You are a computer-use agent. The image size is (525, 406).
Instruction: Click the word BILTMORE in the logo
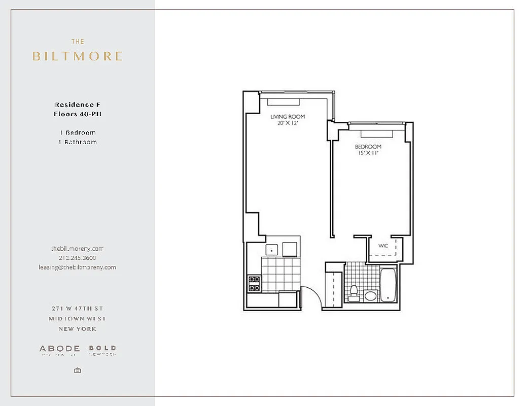tap(77, 56)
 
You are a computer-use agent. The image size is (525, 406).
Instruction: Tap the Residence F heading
tap(78, 105)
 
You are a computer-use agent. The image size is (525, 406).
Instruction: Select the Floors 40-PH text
tap(78, 114)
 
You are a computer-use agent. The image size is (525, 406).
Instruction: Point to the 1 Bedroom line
tap(78, 132)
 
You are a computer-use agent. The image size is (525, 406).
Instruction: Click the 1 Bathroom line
tap(78, 142)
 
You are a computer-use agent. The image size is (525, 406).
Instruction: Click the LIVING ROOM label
tap(287, 117)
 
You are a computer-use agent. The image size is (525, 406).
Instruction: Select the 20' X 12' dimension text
tap(287, 123)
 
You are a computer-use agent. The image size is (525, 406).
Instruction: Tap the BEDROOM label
tap(368, 147)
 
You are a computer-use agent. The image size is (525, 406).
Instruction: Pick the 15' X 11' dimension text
tap(368, 153)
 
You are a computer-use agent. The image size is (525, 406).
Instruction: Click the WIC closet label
tap(383, 246)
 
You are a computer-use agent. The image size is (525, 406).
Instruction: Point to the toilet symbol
tap(354, 292)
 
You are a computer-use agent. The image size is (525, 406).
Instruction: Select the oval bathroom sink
tap(370, 295)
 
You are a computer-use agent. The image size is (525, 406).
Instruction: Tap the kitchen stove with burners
tap(254, 283)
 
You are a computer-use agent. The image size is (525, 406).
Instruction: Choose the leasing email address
tap(78, 267)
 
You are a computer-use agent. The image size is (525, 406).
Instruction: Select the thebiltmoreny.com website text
tap(78, 249)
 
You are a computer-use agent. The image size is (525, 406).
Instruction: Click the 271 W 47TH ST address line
tap(78, 309)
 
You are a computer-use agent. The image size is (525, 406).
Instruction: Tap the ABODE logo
tap(60, 349)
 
